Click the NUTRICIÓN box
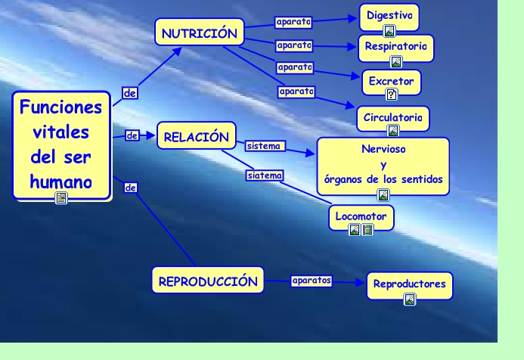point(200,32)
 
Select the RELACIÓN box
point(197,135)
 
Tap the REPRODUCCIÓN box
point(208,280)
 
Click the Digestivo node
point(389,17)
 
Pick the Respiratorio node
point(396,48)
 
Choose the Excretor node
point(392,82)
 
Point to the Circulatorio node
point(393,119)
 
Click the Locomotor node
point(361,218)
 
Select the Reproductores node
point(410,285)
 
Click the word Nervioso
point(383,149)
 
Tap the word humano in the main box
point(60,182)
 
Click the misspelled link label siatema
point(265,175)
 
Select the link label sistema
point(265,146)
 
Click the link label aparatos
point(312,281)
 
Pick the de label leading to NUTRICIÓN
point(130,93)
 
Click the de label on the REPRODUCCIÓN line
point(130,188)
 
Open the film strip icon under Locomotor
point(367,230)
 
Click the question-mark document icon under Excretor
point(392,95)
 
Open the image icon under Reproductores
point(410,299)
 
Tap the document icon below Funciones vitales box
point(61,198)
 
